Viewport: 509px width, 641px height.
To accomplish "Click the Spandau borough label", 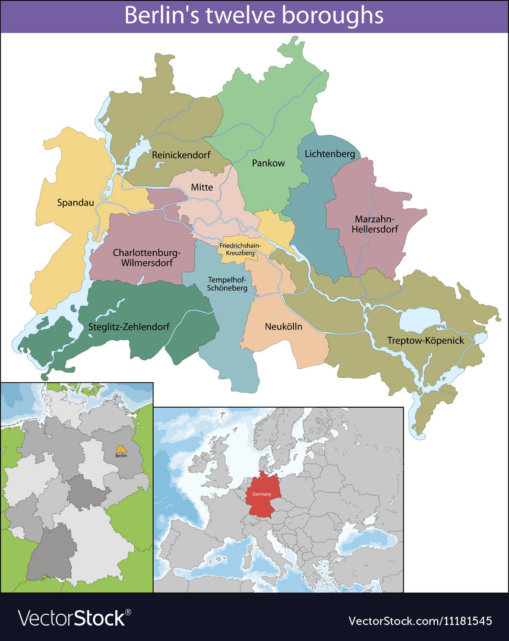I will click(75, 202).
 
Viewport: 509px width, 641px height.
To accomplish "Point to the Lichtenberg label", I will click(330, 154).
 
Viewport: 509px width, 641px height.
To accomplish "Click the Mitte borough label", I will click(202, 187).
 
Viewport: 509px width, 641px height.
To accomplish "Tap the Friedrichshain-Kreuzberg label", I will click(240, 249).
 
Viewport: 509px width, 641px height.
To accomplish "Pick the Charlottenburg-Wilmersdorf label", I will click(146, 257).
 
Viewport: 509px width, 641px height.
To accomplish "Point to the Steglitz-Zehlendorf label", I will click(129, 326).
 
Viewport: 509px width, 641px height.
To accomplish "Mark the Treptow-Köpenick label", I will click(417, 341).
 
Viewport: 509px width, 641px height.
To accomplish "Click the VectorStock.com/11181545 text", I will click(420, 621).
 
